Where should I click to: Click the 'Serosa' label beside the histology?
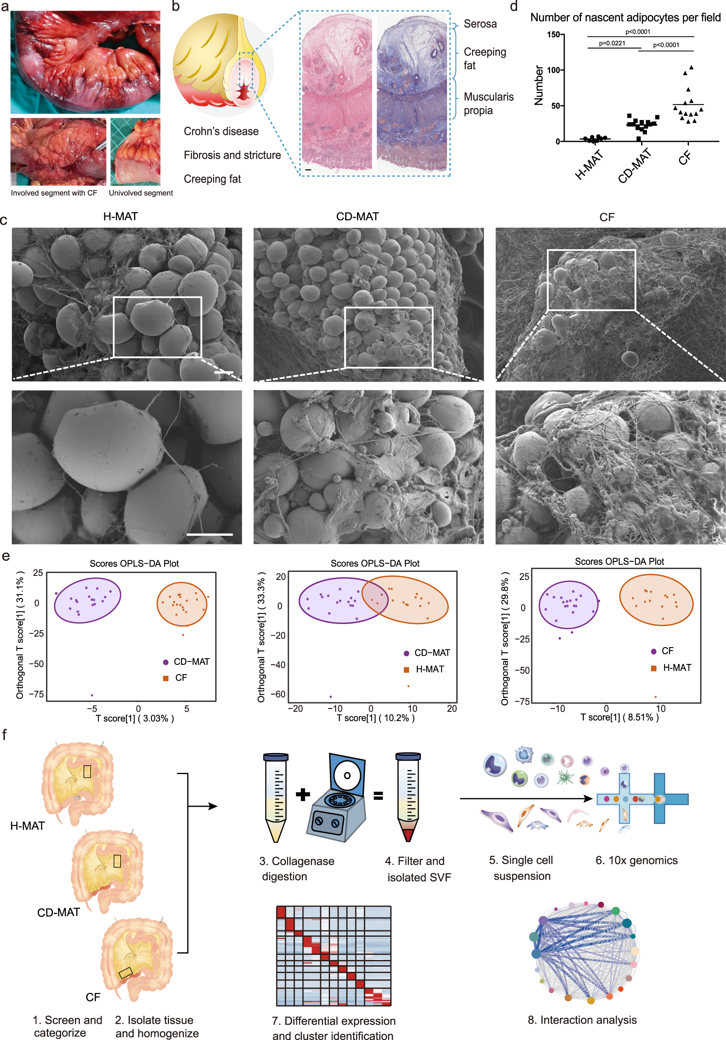click(x=480, y=24)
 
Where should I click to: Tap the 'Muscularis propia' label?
click(x=488, y=104)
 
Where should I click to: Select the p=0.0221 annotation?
click(x=612, y=44)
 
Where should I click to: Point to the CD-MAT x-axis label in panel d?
click(x=635, y=166)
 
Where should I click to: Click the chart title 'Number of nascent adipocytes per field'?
click(x=625, y=18)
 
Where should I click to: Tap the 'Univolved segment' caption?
click(x=141, y=193)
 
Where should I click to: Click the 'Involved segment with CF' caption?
click(x=54, y=193)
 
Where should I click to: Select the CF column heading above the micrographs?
click(x=607, y=217)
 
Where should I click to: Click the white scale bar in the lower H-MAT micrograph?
click(x=209, y=535)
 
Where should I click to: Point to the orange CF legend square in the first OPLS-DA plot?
click(x=166, y=678)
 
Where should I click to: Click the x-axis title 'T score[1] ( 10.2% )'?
click(x=375, y=718)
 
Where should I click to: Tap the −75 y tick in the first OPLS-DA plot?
click(x=37, y=695)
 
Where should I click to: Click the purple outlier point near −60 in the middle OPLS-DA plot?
click(x=331, y=697)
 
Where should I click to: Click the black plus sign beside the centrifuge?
click(x=303, y=794)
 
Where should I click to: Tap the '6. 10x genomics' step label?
click(x=636, y=860)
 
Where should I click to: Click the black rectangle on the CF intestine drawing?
click(x=125, y=973)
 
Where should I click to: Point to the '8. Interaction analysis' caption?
click(x=582, y=1020)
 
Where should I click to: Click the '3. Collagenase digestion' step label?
click(x=297, y=868)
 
